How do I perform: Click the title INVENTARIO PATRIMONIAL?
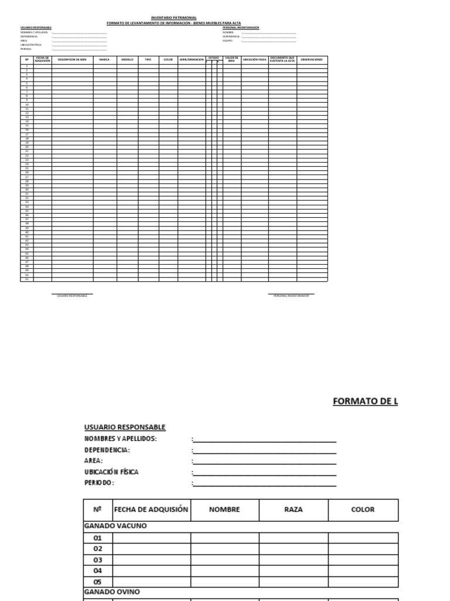click(x=174, y=19)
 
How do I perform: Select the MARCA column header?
click(x=104, y=60)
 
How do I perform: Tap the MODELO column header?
click(x=127, y=60)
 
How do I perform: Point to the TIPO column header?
click(x=148, y=60)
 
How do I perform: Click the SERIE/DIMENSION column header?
click(x=192, y=60)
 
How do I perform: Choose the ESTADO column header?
click(x=214, y=58)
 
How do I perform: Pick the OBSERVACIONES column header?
click(x=312, y=60)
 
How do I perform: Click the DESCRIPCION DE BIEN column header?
click(x=72, y=60)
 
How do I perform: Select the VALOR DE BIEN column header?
click(x=231, y=59)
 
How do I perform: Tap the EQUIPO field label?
click(x=227, y=40)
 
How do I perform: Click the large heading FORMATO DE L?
click(x=365, y=401)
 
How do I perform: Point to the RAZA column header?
click(x=293, y=509)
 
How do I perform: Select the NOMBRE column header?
click(x=224, y=509)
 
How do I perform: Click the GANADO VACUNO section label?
click(x=115, y=526)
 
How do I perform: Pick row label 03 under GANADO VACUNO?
click(x=97, y=560)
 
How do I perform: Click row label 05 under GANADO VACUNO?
click(x=97, y=582)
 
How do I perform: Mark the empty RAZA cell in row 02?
click(x=293, y=549)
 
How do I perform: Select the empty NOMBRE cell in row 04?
click(x=224, y=570)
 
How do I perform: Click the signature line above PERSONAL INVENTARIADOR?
click(x=291, y=293)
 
